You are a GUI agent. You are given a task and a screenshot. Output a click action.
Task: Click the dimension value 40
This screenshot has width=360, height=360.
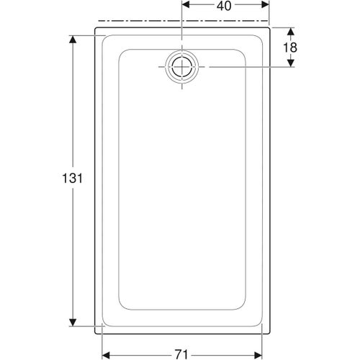[x=224, y=6]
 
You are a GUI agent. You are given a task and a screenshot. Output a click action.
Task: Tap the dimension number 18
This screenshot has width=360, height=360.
[x=290, y=48]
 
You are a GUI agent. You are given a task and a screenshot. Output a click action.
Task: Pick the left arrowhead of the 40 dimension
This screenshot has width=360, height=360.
[x=185, y=6]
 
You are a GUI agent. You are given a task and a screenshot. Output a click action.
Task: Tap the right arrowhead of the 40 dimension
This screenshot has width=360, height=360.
[x=265, y=6]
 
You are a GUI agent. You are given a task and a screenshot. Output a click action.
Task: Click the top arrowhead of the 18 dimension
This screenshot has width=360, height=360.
[x=290, y=32]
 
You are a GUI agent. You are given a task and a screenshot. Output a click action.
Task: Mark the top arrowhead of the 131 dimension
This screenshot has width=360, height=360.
[x=73, y=38]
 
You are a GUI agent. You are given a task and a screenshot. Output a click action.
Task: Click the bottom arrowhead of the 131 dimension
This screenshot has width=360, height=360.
[x=73, y=321]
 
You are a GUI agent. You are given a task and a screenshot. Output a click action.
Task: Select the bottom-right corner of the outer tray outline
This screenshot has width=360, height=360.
[x=269, y=333]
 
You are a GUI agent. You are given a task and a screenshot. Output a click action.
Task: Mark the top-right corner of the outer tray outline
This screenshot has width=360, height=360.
[x=269, y=29]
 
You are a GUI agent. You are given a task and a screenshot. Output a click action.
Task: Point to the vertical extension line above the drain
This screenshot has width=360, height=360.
[x=182, y=29]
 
